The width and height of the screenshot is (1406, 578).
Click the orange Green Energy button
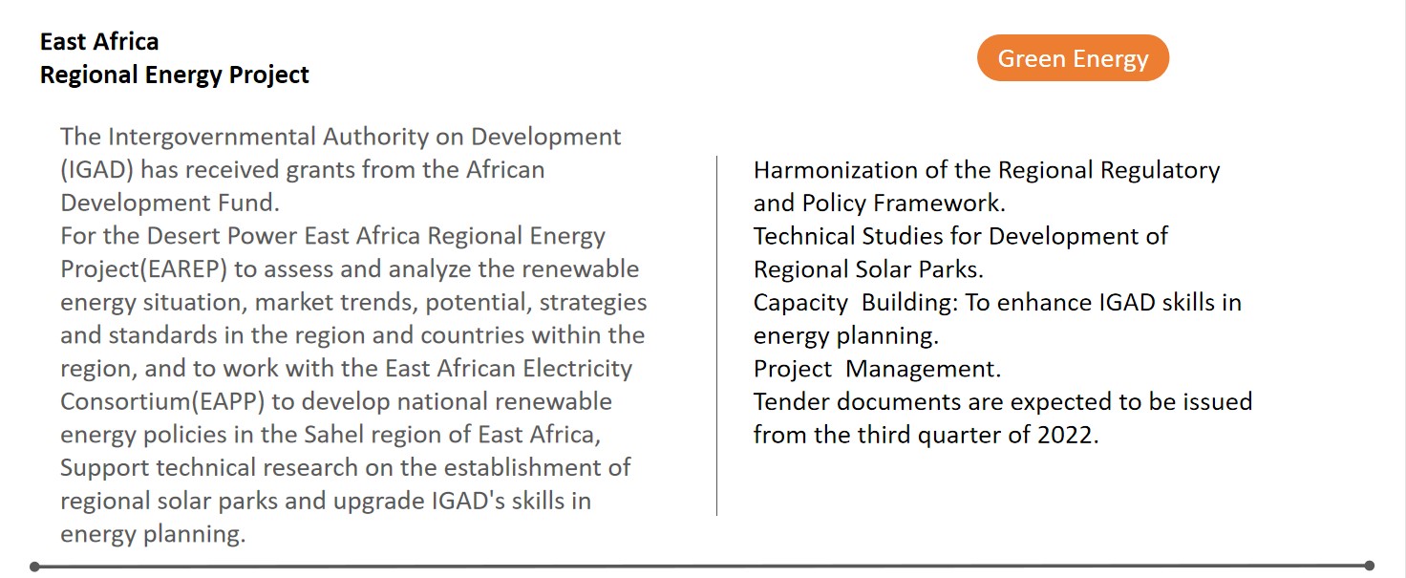(1073, 57)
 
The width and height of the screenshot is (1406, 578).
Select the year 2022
(1065, 435)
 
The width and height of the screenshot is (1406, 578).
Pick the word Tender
(792, 401)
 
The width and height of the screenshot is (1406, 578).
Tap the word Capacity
(800, 303)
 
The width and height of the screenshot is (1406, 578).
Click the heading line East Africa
(99, 42)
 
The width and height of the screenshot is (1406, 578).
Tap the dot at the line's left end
(34, 567)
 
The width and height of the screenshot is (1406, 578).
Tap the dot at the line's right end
(1369, 566)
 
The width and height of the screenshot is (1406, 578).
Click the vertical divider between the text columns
(716, 335)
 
